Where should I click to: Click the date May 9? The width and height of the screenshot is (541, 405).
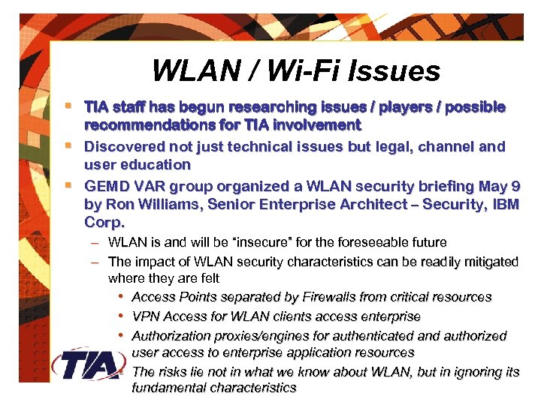(500, 186)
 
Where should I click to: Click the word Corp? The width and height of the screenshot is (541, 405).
(104, 223)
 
